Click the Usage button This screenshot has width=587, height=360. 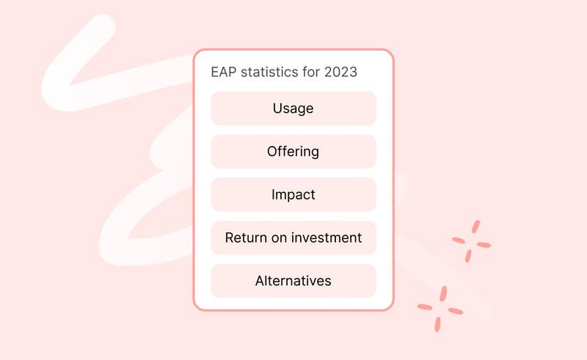293,109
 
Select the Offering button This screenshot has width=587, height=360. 293,152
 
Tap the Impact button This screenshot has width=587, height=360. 293,195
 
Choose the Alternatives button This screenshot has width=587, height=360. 293,281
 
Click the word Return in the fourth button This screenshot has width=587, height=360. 244,238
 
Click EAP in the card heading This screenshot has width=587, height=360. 223,73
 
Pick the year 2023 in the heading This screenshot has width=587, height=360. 341,73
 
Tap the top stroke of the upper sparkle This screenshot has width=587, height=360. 475,227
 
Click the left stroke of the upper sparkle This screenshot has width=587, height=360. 460,240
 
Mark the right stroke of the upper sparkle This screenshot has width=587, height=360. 484,244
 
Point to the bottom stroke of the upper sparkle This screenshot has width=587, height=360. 468,256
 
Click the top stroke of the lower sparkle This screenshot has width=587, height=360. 443,293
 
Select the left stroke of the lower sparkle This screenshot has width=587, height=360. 425,306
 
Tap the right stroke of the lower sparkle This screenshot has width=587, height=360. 455,310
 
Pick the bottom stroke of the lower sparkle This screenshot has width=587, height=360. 438,323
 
